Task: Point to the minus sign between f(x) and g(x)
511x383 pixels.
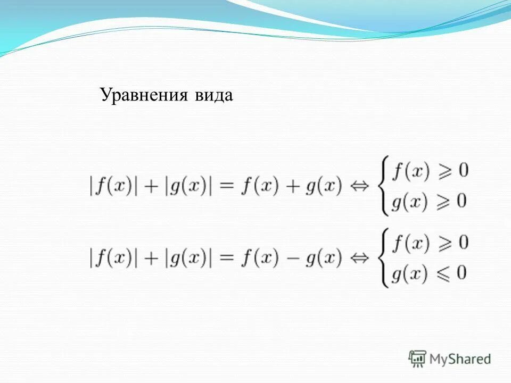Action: pos(292,259)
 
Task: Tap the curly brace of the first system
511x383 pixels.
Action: pos(383,187)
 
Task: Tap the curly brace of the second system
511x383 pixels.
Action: pos(383,259)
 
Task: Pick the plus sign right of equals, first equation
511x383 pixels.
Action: pos(292,187)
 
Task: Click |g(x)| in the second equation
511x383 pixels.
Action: pos(188,259)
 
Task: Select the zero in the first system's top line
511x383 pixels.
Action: pos(463,171)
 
